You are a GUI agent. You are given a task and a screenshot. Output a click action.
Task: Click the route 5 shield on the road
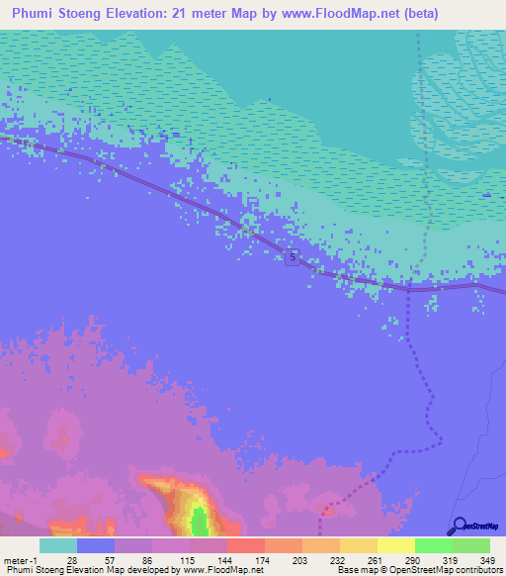pos(293,258)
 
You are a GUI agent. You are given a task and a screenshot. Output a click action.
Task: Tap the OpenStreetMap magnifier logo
pos(458,526)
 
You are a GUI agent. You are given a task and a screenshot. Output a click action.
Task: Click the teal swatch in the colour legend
pos(58,544)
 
